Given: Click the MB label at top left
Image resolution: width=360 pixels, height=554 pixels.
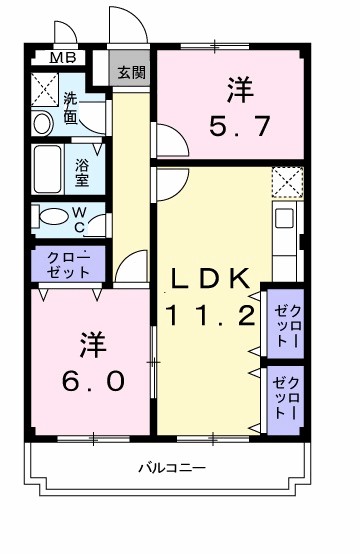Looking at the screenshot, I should (63, 58).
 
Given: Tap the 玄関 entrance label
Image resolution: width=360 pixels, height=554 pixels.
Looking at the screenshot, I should (130, 72).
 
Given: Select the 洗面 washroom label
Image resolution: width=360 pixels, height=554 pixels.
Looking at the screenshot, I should (72, 106).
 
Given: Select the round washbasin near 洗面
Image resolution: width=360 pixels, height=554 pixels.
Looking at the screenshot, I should (44, 124).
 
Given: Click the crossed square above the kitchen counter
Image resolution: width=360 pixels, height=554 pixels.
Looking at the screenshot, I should (286, 183).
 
